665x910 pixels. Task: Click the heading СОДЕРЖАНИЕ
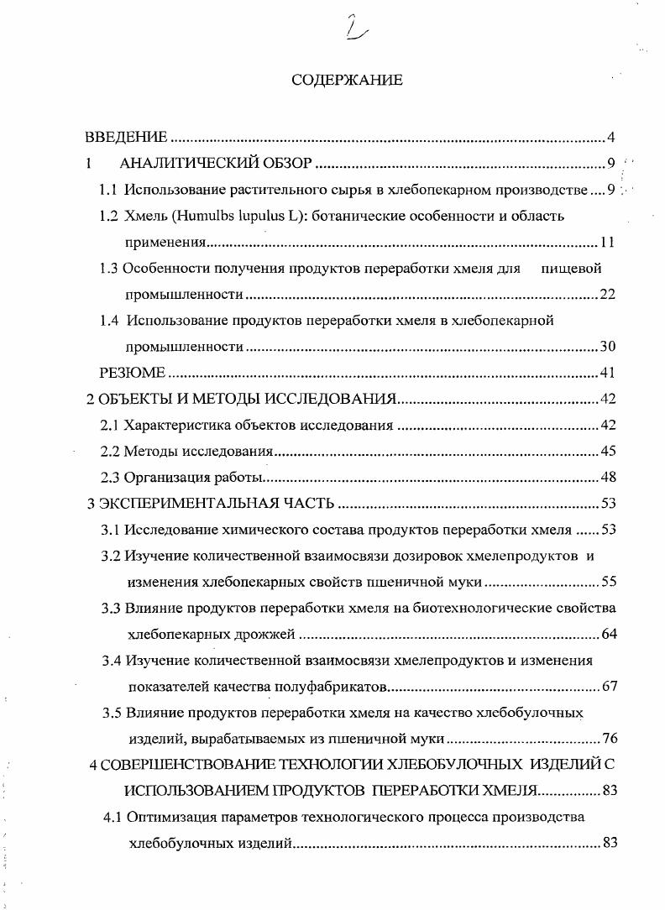pos(347,81)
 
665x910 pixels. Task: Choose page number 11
pos(609,243)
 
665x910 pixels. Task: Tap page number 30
pos(609,347)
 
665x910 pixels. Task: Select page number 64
pos(610,634)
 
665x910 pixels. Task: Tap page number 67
pos(610,688)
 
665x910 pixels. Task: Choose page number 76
pos(610,740)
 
